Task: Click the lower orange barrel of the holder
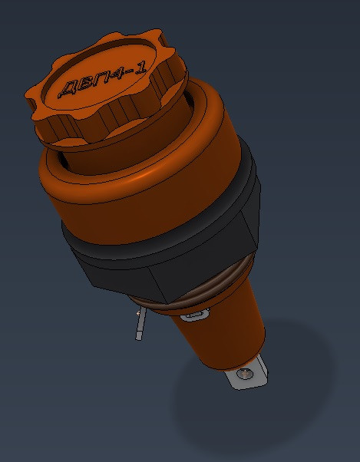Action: coord(223,338)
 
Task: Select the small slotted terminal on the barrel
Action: coord(194,315)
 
